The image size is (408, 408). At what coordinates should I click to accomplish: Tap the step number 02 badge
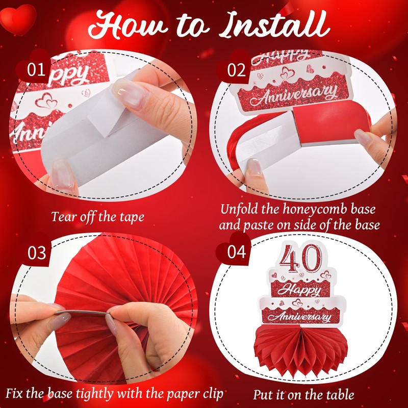click(237, 70)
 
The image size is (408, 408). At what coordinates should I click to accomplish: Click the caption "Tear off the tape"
click(97, 216)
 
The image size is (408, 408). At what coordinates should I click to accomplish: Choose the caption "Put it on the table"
click(304, 394)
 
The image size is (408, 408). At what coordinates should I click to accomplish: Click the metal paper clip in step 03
click(82, 313)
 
